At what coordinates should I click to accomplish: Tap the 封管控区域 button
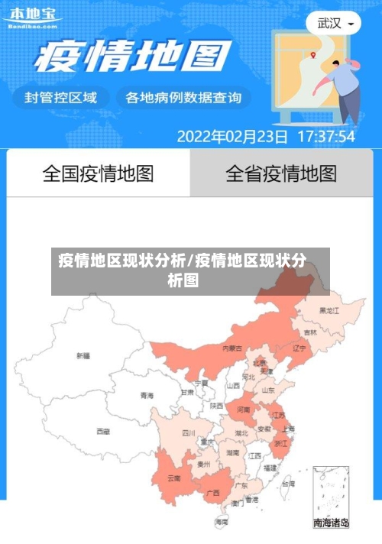(x=60, y=97)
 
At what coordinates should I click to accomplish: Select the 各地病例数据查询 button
(x=183, y=97)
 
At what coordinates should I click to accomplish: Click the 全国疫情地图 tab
(x=98, y=173)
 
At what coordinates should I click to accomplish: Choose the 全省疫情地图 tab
(x=280, y=173)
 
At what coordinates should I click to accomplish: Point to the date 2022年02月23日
(x=232, y=137)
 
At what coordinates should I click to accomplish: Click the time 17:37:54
(x=325, y=137)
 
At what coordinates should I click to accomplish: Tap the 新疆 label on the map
(x=83, y=356)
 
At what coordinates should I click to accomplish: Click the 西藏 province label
(x=103, y=431)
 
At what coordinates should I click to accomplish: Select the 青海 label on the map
(x=147, y=395)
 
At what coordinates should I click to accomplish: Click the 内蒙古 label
(x=232, y=348)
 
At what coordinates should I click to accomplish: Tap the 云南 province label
(x=173, y=478)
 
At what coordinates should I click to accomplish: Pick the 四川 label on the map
(x=189, y=432)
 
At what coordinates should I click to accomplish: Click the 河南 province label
(x=243, y=410)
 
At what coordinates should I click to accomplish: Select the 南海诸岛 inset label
(x=331, y=523)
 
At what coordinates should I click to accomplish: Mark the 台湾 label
(x=287, y=484)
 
